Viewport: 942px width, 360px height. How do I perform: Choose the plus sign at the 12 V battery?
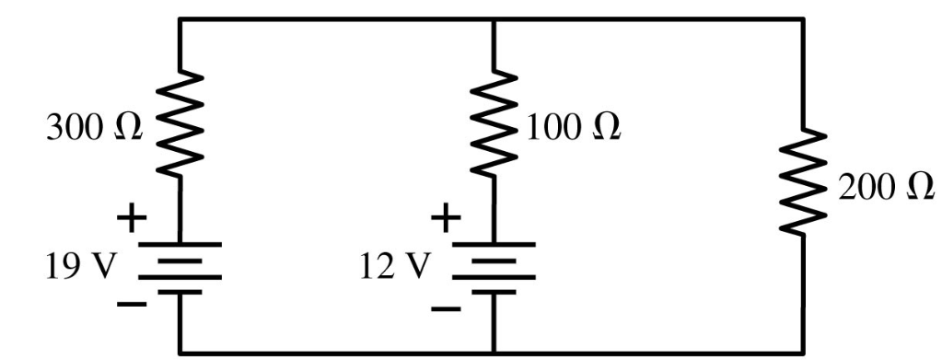click(x=447, y=218)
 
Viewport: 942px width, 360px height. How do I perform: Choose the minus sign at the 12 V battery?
click(x=447, y=307)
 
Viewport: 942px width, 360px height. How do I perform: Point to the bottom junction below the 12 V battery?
click(x=494, y=351)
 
